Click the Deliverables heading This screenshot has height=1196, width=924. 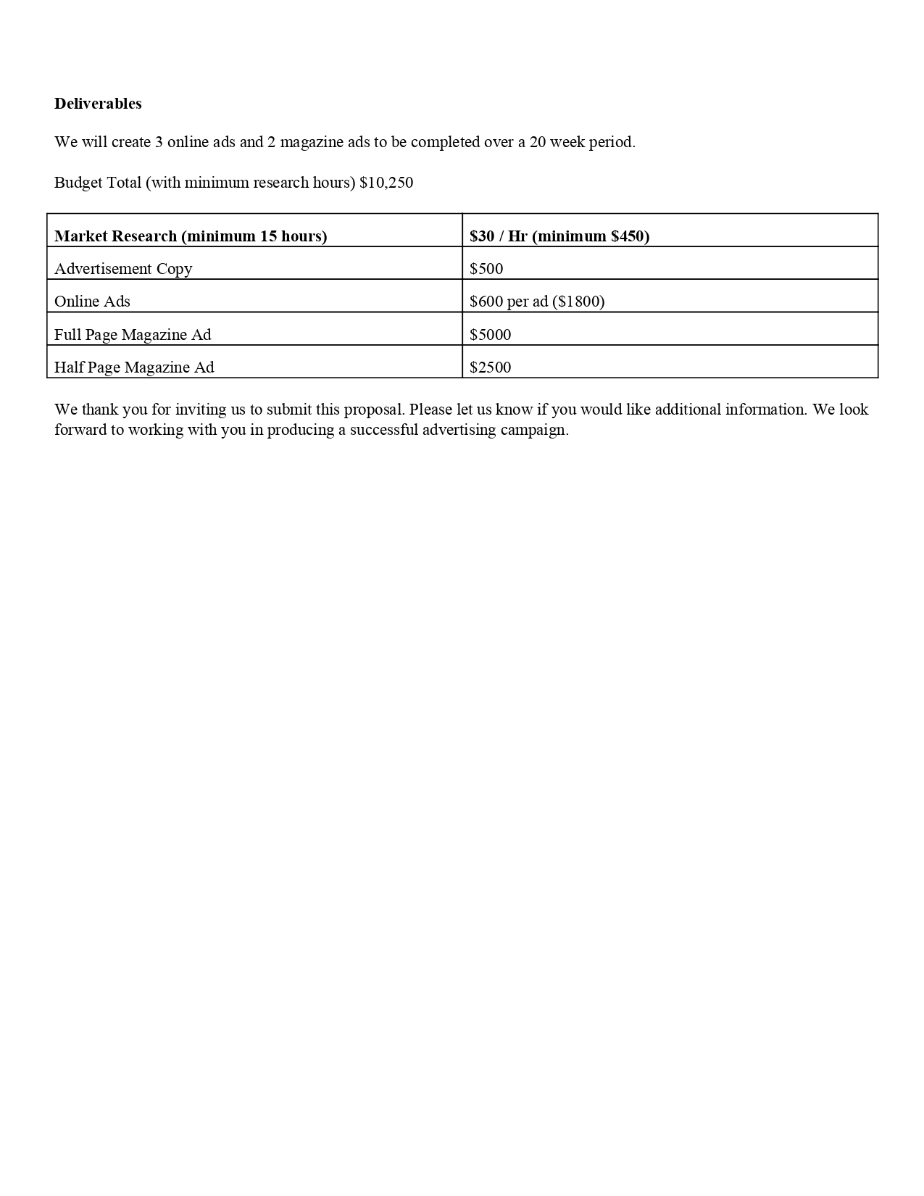pos(98,104)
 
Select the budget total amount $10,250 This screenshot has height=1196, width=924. pos(386,183)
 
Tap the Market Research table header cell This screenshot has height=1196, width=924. pos(191,236)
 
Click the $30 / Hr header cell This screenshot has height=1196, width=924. pos(559,236)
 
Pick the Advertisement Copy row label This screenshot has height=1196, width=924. pos(123,269)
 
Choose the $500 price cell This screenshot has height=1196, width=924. pos(486,269)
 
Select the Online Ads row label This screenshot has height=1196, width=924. pos(92,302)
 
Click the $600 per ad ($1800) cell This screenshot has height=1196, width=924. pos(537,302)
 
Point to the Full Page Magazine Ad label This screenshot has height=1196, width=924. pos(133,335)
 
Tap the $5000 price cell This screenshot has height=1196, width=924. pos(490,335)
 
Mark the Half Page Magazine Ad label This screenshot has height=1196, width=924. pos(134,367)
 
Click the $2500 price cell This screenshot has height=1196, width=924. pos(490,367)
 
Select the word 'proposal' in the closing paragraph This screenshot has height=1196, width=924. pos(374,410)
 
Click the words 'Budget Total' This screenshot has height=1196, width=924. pos(98,183)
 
